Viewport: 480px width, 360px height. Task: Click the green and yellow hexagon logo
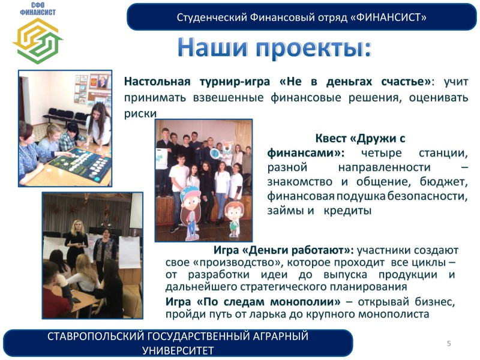(x=38, y=41)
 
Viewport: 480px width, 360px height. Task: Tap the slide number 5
(x=449, y=343)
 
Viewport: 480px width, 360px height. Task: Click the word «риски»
(x=140, y=113)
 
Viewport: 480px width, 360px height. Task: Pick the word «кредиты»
(x=347, y=211)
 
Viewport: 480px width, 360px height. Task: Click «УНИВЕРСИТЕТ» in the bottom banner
(x=178, y=350)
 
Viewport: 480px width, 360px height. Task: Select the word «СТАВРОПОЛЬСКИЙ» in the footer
(x=95, y=336)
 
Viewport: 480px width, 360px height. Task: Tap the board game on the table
(x=80, y=163)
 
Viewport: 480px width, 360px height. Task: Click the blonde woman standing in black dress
(x=76, y=244)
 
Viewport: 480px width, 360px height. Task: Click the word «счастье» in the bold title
(x=404, y=82)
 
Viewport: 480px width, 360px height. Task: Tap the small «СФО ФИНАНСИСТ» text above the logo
(x=38, y=9)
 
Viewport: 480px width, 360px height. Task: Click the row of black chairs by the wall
(x=65, y=115)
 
